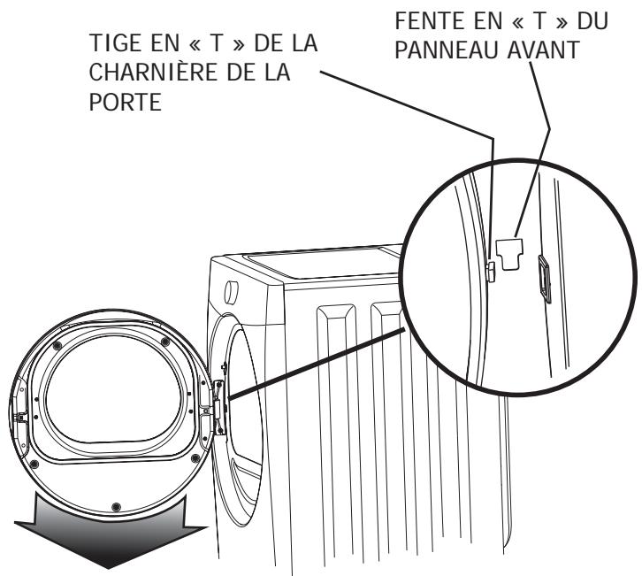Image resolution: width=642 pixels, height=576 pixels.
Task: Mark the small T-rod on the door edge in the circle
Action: click(x=489, y=266)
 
